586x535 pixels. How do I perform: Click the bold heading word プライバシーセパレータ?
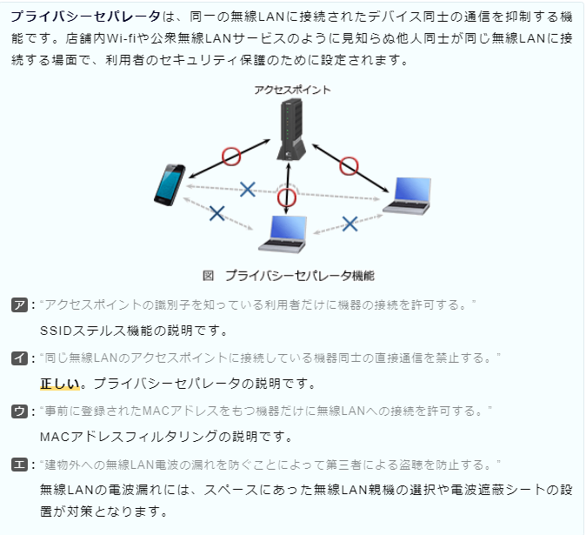tap(85, 17)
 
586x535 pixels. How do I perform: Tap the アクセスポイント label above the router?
tap(292, 90)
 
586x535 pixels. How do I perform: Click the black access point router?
tap(291, 130)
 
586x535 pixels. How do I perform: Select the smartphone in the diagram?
tap(170, 184)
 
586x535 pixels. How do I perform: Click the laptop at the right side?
tap(408, 196)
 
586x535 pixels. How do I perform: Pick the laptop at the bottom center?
tap(283, 234)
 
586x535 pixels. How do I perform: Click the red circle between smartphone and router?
tap(231, 157)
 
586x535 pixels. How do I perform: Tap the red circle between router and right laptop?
tap(349, 166)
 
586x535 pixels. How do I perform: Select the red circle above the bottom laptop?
tap(287, 197)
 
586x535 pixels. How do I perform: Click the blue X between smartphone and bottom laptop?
tap(217, 213)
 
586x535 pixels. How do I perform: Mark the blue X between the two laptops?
tap(350, 224)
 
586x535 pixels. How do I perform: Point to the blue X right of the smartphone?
tap(248, 189)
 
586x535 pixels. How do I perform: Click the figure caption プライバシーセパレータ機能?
tap(300, 276)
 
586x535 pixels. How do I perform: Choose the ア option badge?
tap(19, 305)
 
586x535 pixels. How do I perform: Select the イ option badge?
tap(19, 358)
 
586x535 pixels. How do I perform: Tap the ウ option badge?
tap(19, 411)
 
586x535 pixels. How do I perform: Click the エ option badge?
tap(19, 465)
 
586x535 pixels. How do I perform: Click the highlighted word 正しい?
tap(60, 384)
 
